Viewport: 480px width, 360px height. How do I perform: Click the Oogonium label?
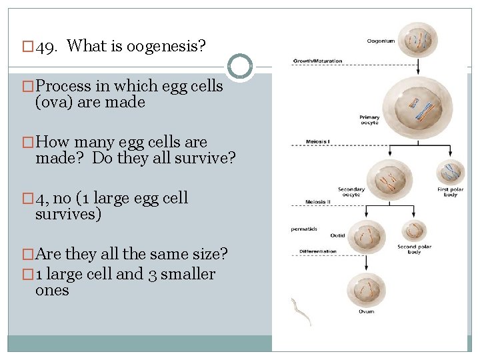coord(381,41)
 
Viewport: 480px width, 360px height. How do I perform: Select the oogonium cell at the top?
coord(418,39)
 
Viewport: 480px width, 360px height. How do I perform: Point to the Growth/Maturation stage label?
coord(317,61)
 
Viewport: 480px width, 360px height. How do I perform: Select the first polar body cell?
coord(450,173)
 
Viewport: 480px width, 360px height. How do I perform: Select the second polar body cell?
coord(415,231)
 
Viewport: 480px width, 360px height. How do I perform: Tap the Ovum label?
coord(366,311)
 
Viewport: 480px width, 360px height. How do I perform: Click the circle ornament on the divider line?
coord(240,67)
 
